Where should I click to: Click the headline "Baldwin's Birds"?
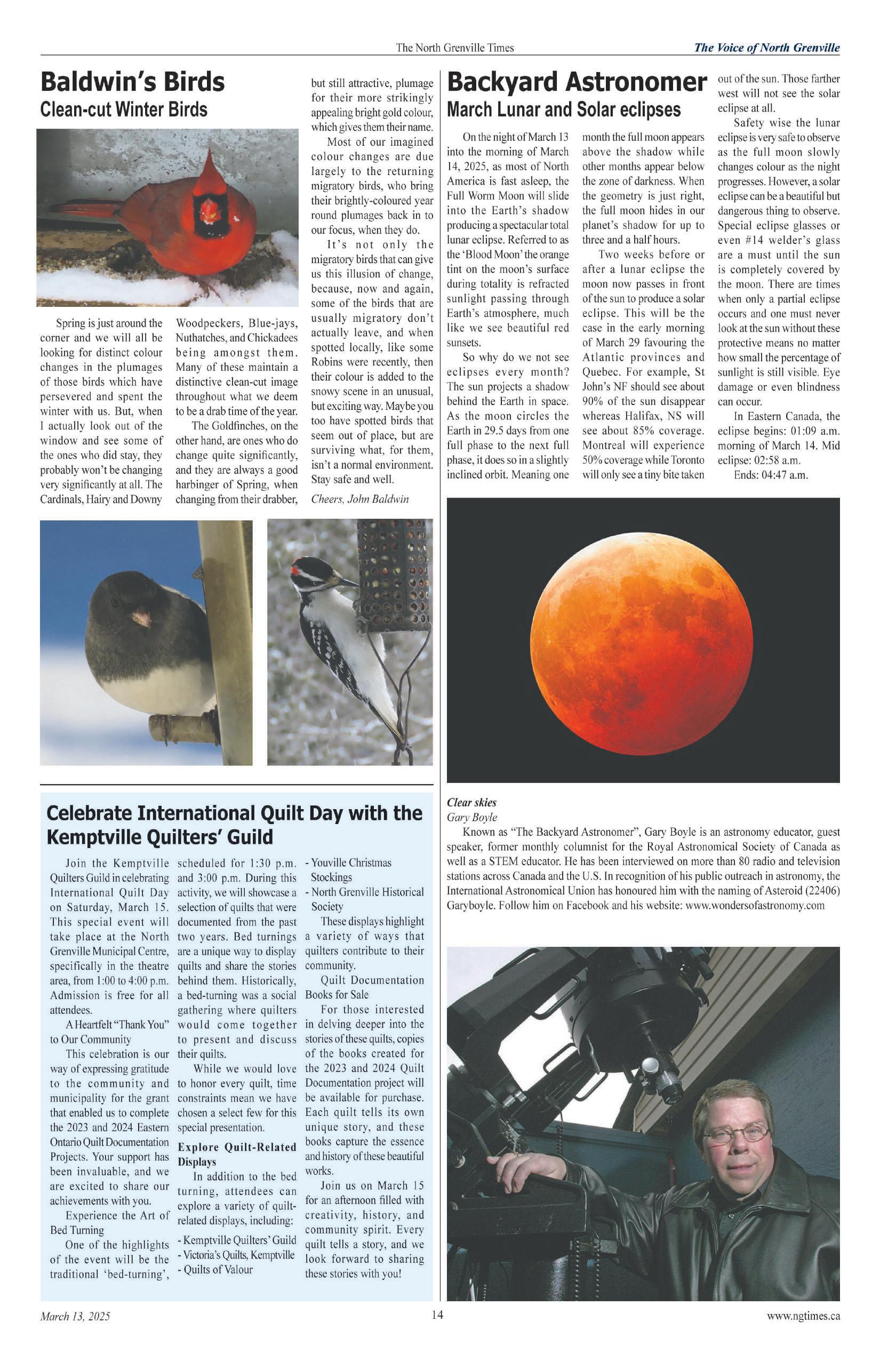coord(133,82)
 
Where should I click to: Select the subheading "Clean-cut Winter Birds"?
coord(123,109)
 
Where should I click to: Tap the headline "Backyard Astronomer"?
coord(577,82)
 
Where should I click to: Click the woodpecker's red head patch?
coord(296,571)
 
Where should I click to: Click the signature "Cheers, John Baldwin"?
coord(359,498)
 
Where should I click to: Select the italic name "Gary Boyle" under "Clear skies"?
coord(471,817)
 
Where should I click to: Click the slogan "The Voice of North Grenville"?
coord(766,48)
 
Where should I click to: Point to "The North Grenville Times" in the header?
coord(455,48)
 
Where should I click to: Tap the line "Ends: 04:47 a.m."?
coord(770,474)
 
